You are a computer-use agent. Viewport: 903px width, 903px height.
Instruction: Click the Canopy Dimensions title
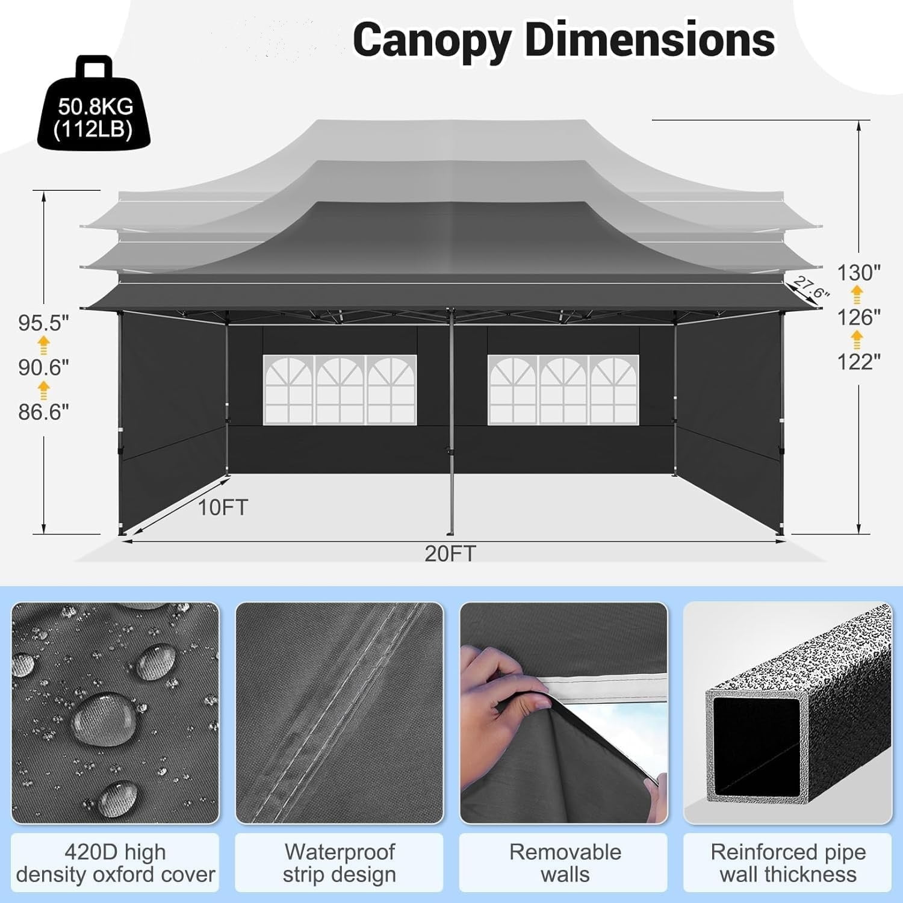(563, 40)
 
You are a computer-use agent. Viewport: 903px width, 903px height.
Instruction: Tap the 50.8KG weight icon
(95, 103)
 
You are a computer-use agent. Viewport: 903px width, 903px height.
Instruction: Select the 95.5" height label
(44, 323)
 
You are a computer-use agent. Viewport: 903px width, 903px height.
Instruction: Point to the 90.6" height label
(44, 367)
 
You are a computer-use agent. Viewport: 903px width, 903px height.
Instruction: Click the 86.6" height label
(44, 412)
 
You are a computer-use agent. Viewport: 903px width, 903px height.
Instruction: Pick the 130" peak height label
(859, 273)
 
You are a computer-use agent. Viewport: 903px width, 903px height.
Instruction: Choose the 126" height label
(859, 317)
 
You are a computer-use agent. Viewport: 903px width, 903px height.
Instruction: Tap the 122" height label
(859, 362)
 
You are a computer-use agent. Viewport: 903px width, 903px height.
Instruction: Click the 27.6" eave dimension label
(811, 287)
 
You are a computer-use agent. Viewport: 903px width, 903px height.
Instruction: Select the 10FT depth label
(223, 507)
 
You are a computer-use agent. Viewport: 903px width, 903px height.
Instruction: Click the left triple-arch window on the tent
(340, 389)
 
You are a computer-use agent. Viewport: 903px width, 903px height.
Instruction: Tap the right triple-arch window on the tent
(563, 389)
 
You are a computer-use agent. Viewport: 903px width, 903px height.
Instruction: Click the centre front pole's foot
(450, 532)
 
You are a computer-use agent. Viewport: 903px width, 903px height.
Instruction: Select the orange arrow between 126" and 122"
(857, 340)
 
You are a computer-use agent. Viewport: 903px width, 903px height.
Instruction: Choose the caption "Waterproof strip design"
(340, 863)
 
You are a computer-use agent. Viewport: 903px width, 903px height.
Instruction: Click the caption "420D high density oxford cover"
(116, 863)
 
